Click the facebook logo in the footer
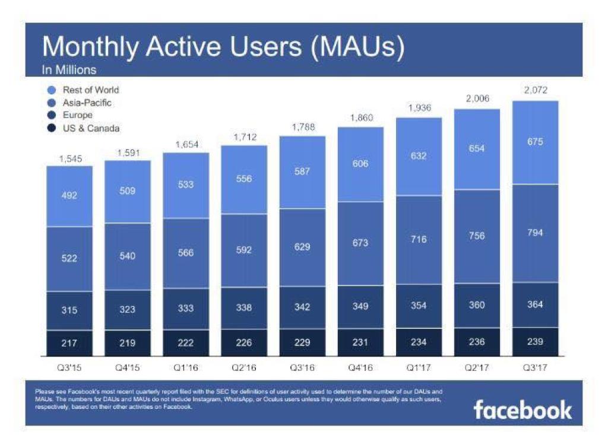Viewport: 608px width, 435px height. pyautogui.click(x=522, y=409)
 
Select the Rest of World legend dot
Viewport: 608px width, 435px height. pyautogui.click(x=52, y=90)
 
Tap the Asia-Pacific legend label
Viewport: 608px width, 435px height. pyautogui.click(x=87, y=103)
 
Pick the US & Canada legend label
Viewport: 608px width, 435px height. pyautogui.click(x=91, y=128)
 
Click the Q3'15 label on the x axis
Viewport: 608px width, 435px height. pyautogui.click(x=69, y=368)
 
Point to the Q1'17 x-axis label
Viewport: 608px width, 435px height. pyautogui.click(x=419, y=368)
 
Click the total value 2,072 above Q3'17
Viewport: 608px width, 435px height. pyautogui.click(x=535, y=90)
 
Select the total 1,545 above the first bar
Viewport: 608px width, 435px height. pyautogui.click(x=69, y=159)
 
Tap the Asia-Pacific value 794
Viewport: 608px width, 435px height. pyautogui.click(x=535, y=233)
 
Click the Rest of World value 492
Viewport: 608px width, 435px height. pyautogui.click(x=69, y=195)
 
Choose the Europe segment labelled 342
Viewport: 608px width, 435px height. pyautogui.click(x=302, y=307)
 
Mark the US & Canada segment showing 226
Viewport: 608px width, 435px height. pyautogui.click(x=243, y=342)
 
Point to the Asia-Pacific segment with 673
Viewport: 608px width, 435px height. pyautogui.click(x=360, y=243)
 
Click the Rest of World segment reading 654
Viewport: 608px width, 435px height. pyautogui.click(x=477, y=148)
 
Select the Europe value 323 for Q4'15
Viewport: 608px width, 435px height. pyautogui.click(x=127, y=309)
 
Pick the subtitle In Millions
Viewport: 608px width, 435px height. pyautogui.click(x=69, y=70)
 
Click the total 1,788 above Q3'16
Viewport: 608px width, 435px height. pyautogui.click(x=302, y=127)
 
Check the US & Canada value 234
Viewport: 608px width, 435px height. pyautogui.click(x=419, y=342)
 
